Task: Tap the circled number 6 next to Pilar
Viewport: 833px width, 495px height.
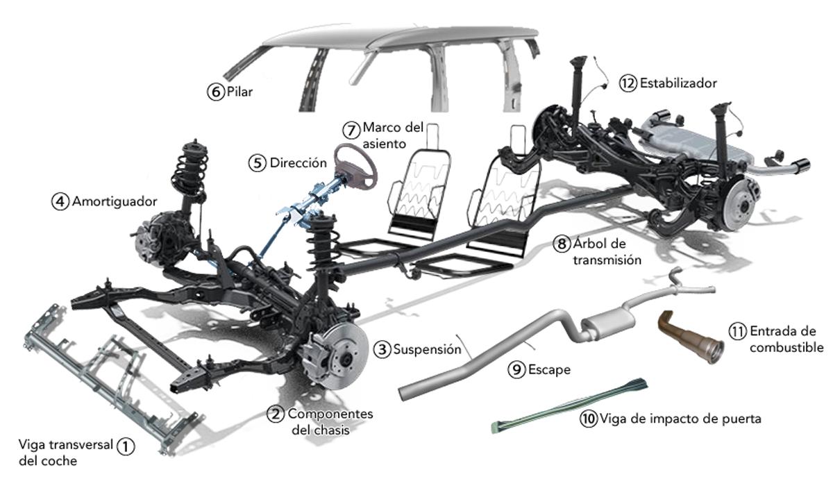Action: tap(215, 92)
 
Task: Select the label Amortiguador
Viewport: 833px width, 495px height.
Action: tap(115, 201)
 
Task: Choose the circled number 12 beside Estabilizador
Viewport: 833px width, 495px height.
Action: tap(628, 83)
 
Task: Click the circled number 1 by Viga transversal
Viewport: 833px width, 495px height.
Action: tap(125, 446)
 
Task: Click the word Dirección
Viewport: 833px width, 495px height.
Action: tap(298, 163)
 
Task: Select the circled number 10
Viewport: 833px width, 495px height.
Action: tap(588, 419)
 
